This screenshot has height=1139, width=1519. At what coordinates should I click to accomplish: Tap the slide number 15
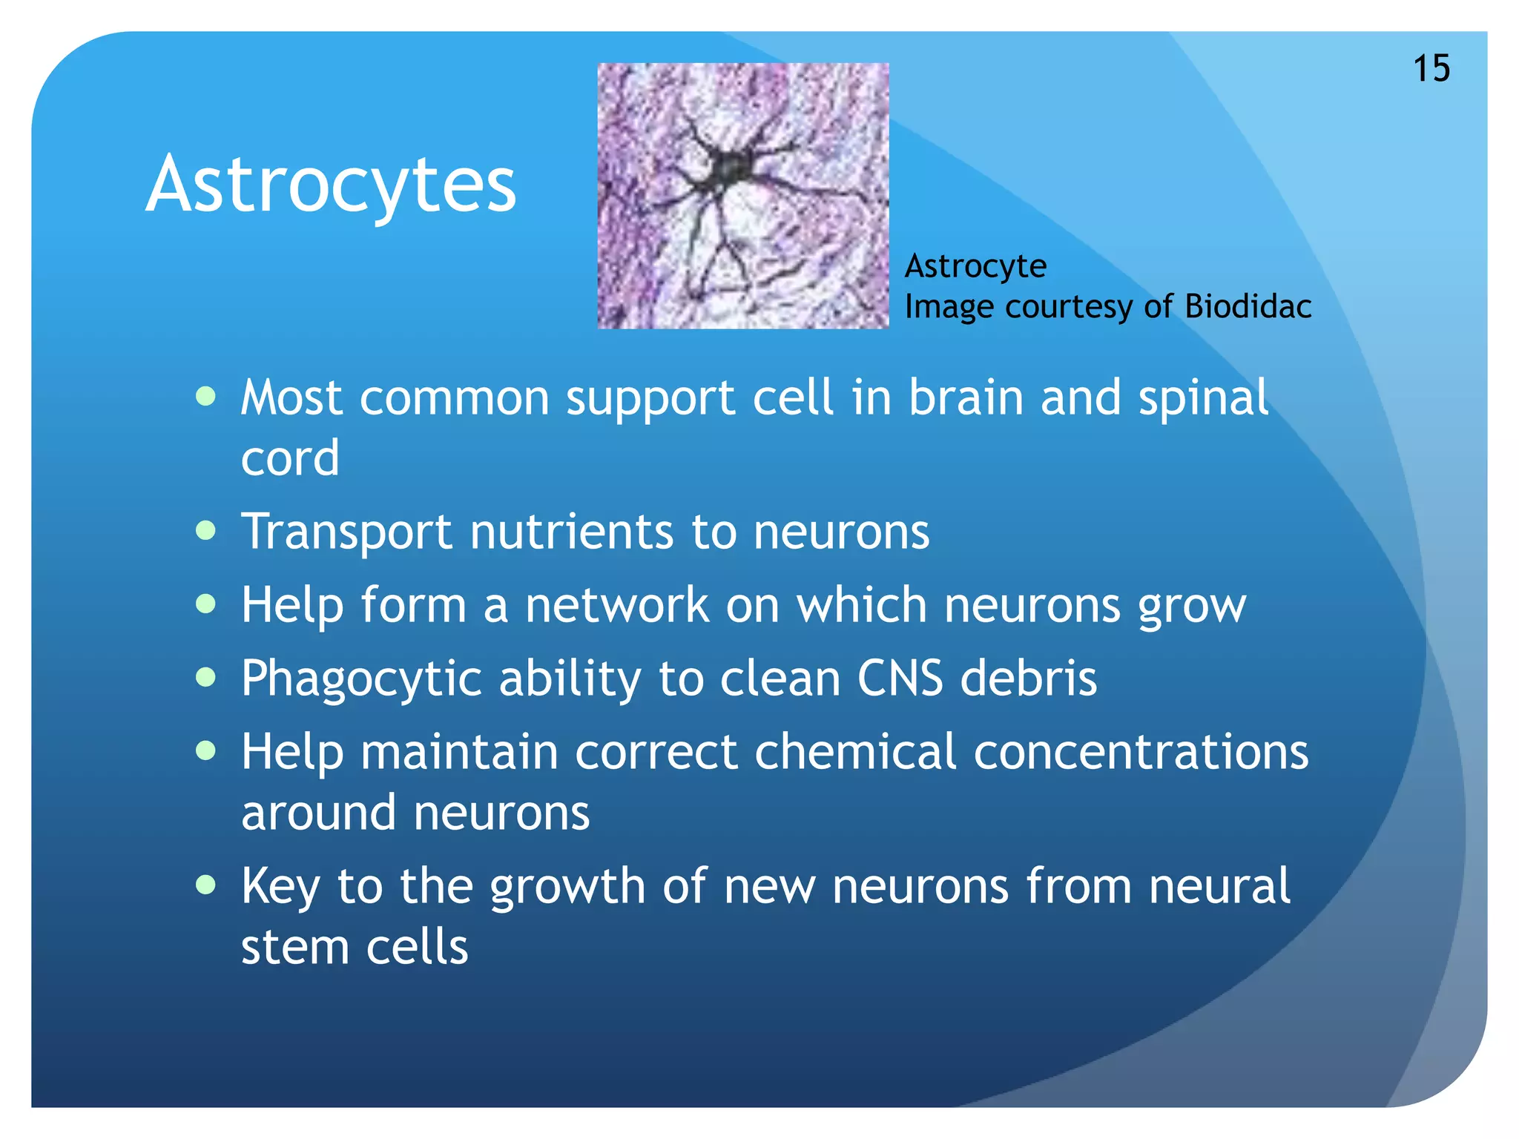1431,69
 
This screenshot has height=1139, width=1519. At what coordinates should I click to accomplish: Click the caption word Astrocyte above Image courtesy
975,266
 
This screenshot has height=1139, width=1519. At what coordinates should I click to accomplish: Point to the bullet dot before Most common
205,397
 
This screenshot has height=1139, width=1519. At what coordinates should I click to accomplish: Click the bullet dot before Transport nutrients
205,531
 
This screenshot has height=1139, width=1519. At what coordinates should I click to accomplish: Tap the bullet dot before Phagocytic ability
205,677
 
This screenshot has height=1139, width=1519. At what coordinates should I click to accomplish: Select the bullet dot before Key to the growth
205,885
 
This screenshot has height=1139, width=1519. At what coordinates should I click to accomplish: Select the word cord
290,458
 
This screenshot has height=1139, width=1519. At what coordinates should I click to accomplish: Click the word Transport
346,532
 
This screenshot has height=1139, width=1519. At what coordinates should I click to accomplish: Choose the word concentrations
1141,752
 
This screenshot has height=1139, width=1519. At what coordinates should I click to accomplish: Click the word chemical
855,752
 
